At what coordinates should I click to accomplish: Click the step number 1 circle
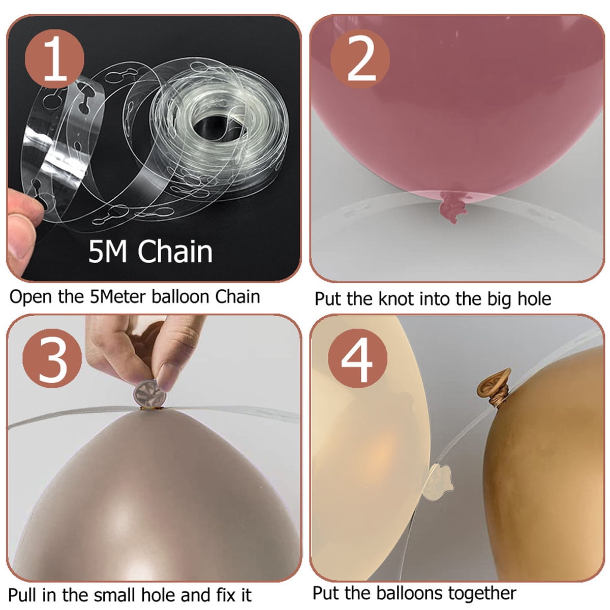point(54,58)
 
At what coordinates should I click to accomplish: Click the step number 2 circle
point(360,58)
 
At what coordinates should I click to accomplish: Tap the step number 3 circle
point(52,358)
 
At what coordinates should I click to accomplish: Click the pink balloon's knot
point(452,207)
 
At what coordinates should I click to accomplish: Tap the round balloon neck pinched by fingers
point(149,395)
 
